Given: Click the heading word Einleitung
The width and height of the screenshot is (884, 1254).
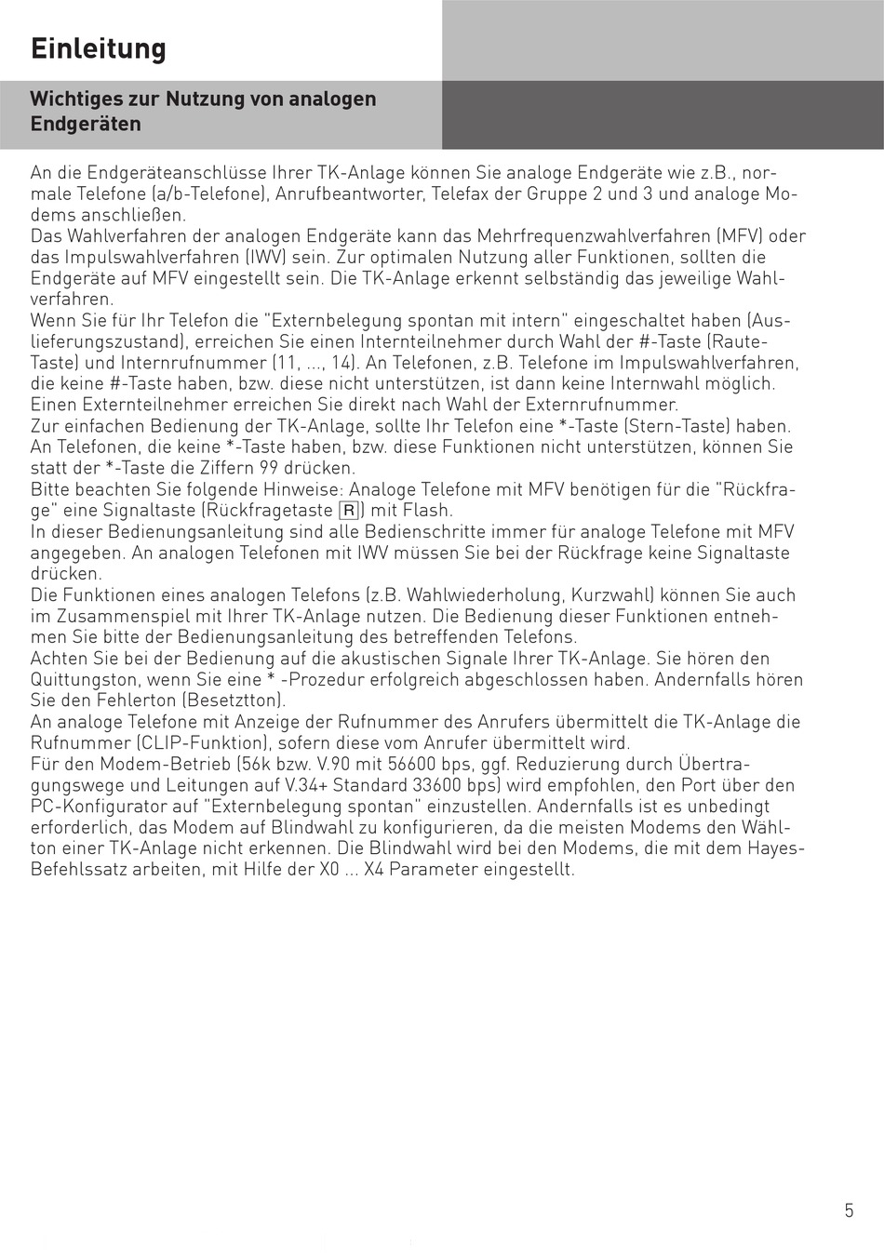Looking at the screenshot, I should (98, 48).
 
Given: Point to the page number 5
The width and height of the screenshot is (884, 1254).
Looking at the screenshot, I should (848, 1210).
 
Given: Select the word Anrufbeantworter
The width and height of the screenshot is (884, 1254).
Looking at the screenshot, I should (348, 194).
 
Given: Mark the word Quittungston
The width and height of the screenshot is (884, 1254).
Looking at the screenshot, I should (85, 679).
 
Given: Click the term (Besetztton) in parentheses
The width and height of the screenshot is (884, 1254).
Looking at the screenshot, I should (234, 700).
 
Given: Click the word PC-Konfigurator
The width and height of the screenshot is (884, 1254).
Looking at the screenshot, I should (97, 806).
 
